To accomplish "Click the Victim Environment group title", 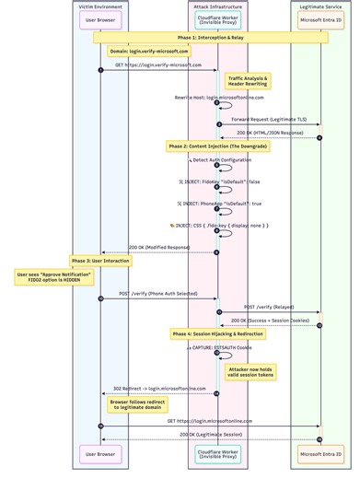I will pos(100,6).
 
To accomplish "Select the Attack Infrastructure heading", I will pos(218,6).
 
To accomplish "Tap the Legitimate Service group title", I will pos(320,6).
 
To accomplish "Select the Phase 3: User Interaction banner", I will pos(100,261).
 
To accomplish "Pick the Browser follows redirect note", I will pos(136,405).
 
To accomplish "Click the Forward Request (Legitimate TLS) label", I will pos(269,120).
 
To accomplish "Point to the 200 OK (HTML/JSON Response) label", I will pos(269,133).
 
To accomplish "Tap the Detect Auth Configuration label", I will pos(221,159).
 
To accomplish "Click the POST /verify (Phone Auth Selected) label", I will pos(158,294).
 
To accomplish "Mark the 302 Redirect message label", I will pos(159,389).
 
